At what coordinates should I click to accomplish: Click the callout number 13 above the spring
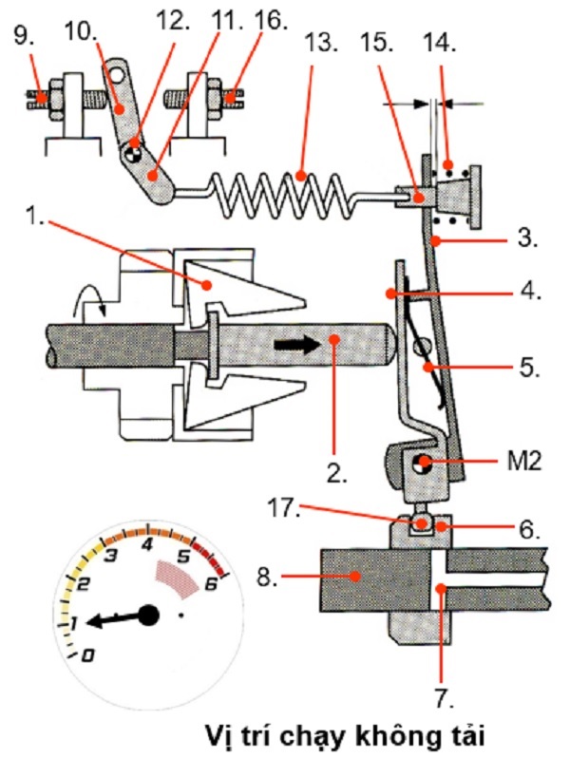(320, 43)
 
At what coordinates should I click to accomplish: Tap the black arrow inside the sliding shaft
(297, 345)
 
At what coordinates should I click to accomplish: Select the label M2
(524, 462)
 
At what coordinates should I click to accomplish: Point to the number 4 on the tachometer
(147, 544)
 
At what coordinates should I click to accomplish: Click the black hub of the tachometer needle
(149, 615)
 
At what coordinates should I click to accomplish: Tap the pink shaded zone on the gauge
(177, 578)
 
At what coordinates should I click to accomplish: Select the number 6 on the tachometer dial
(211, 584)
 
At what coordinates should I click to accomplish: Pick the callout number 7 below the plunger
(443, 697)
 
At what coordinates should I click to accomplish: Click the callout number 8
(267, 576)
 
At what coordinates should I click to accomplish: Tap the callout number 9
(24, 36)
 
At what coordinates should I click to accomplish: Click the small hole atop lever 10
(116, 73)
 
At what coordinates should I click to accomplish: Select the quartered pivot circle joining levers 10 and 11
(133, 155)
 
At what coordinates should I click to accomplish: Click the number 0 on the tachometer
(87, 655)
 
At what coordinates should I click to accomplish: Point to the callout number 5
(528, 368)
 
